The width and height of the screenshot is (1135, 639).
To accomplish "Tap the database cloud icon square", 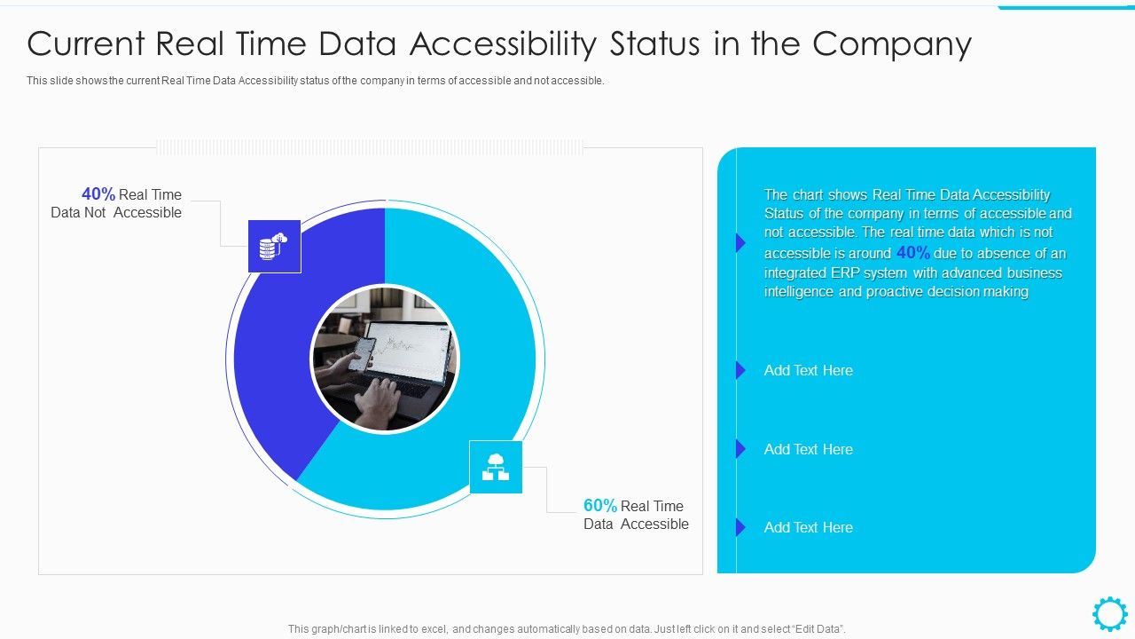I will pos(274,246).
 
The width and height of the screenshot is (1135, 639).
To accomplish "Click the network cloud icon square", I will pos(496,467).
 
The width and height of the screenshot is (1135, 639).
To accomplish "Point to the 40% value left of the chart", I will pos(98,194).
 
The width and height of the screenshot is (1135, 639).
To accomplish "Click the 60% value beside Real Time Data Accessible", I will pos(600,506).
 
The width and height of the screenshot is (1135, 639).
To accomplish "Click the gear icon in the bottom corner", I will pos(1109,614).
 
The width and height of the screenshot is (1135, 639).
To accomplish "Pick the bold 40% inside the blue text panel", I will pos(912,253).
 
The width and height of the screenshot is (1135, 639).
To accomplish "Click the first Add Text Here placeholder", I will pos(808,371).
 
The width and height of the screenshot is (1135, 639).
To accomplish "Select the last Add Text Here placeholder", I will pos(808,528).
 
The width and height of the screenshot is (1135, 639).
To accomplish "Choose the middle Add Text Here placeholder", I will pos(808,450).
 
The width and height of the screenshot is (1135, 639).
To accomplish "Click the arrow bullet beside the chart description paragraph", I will pos(740,242).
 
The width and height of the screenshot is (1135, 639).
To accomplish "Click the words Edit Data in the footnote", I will pos(814,629).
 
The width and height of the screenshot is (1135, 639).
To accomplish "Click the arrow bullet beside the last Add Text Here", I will pos(740,527).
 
